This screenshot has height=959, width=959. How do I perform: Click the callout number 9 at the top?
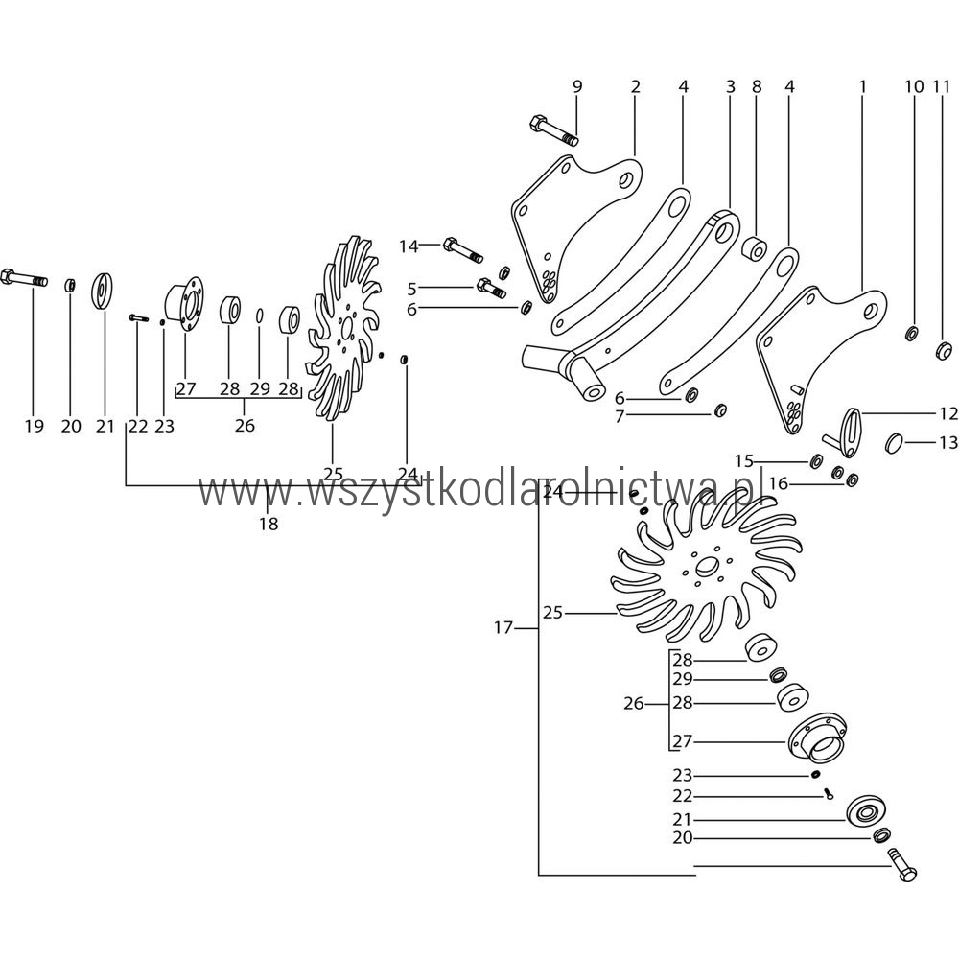pyautogui.click(x=577, y=86)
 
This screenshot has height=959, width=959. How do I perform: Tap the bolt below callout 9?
pyautogui.click(x=552, y=129)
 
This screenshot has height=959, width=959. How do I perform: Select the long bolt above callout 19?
pyautogui.click(x=25, y=279)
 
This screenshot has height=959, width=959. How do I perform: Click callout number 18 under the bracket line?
pyautogui.click(x=268, y=524)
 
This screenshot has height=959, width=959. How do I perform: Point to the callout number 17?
pyautogui.click(x=503, y=628)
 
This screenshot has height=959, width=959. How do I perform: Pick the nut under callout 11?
pyautogui.click(x=942, y=347)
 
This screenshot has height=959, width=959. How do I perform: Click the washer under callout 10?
pyautogui.click(x=911, y=334)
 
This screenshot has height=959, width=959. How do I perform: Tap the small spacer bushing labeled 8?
pyautogui.click(x=755, y=251)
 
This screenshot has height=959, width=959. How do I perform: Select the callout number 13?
pyautogui.click(x=947, y=442)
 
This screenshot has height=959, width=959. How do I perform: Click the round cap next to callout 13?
pyautogui.click(x=895, y=441)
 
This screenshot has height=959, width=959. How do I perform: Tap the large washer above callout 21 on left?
pyautogui.click(x=103, y=291)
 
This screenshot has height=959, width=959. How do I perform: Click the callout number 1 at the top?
pyautogui.click(x=862, y=86)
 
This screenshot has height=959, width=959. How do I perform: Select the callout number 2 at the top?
pyautogui.click(x=635, y=86)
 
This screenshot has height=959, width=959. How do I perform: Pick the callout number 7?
pyautogui.click(x=620, y=417)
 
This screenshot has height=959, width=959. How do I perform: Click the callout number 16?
pyautogui.click(x=778, y=485)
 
